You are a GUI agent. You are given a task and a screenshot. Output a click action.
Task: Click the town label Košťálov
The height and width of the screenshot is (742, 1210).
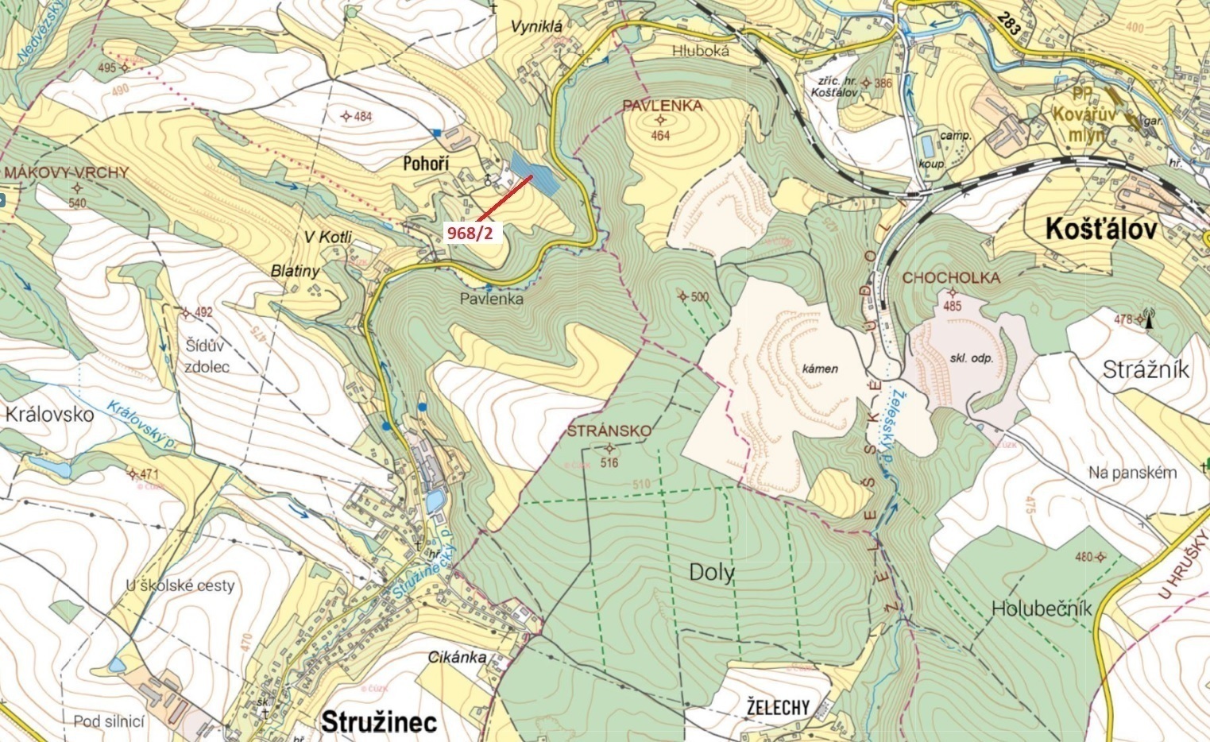pyautogui.click(x=1100, y=230)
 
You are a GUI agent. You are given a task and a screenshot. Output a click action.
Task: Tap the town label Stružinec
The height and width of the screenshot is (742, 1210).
pyautogui.click(x=379, y=721)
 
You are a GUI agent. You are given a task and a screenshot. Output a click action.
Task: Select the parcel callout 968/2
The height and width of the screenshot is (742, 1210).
pyautogui.click(x=475, y=233)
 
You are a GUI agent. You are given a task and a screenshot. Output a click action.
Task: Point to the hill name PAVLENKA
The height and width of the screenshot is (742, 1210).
pyautogui.click(x=662, y=106)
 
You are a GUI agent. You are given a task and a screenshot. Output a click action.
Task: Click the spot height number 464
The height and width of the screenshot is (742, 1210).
pyautogui.click(x=660, y=136)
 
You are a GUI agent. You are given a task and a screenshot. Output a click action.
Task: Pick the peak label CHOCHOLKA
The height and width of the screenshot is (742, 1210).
pyautogui.click(x=951, y=278)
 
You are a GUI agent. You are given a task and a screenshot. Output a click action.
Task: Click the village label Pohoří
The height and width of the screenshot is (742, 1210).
pyautogui.click(x=426, y=164)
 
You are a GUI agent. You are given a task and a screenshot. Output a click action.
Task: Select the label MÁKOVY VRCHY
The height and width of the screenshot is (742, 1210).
pyautogui.click(x=66, y=172)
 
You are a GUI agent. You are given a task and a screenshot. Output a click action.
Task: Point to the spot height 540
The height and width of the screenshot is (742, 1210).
pyautogui.click(x=77, y=203)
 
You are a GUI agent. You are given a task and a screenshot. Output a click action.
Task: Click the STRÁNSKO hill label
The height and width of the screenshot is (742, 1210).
pyautogui.click(x=609, y=431)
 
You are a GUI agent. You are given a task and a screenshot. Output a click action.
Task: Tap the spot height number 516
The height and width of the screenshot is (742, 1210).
pyautogui.click(x=609, y=462)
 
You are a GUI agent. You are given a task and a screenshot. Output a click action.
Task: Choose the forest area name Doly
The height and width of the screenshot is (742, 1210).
pyautogui.click(x=712, y=573)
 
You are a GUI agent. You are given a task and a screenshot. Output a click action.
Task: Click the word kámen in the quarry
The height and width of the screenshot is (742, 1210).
pyautogui.click(x=820, y=369)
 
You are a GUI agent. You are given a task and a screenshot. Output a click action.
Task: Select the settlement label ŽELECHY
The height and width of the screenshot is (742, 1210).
pyautogui.click(x=778, y=706)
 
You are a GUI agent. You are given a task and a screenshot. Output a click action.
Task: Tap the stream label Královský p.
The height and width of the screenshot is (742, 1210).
pyautogui.click(x=141, y=427)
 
